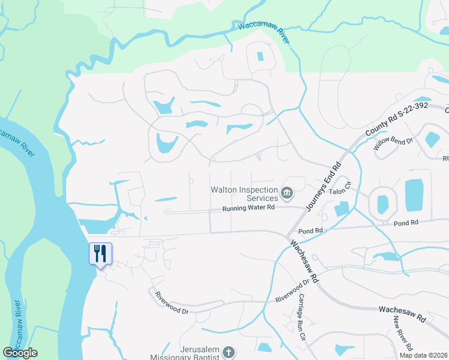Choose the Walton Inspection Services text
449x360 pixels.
(244, 194)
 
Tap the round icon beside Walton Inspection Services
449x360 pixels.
(287, 194)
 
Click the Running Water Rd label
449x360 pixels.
(248, 208)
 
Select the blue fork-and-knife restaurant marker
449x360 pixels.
(100, 254)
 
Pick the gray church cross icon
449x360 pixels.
(228, 352)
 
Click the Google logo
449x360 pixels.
(20, 353)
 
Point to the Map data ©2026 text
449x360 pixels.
(423, 355)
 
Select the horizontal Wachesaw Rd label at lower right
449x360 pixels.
(402, 311)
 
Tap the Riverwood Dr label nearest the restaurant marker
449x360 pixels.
(172, 304)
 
